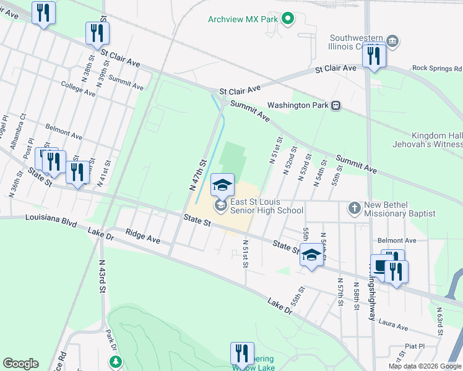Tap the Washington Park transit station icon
pos(335,105)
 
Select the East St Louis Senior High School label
pos(266,206)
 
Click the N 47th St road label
pos(198,174)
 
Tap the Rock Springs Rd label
pos(437,68)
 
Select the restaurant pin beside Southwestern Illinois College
pos(374,56)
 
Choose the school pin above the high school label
pos(223,184)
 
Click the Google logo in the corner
pos(20,364)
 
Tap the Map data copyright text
pos(425,366)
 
